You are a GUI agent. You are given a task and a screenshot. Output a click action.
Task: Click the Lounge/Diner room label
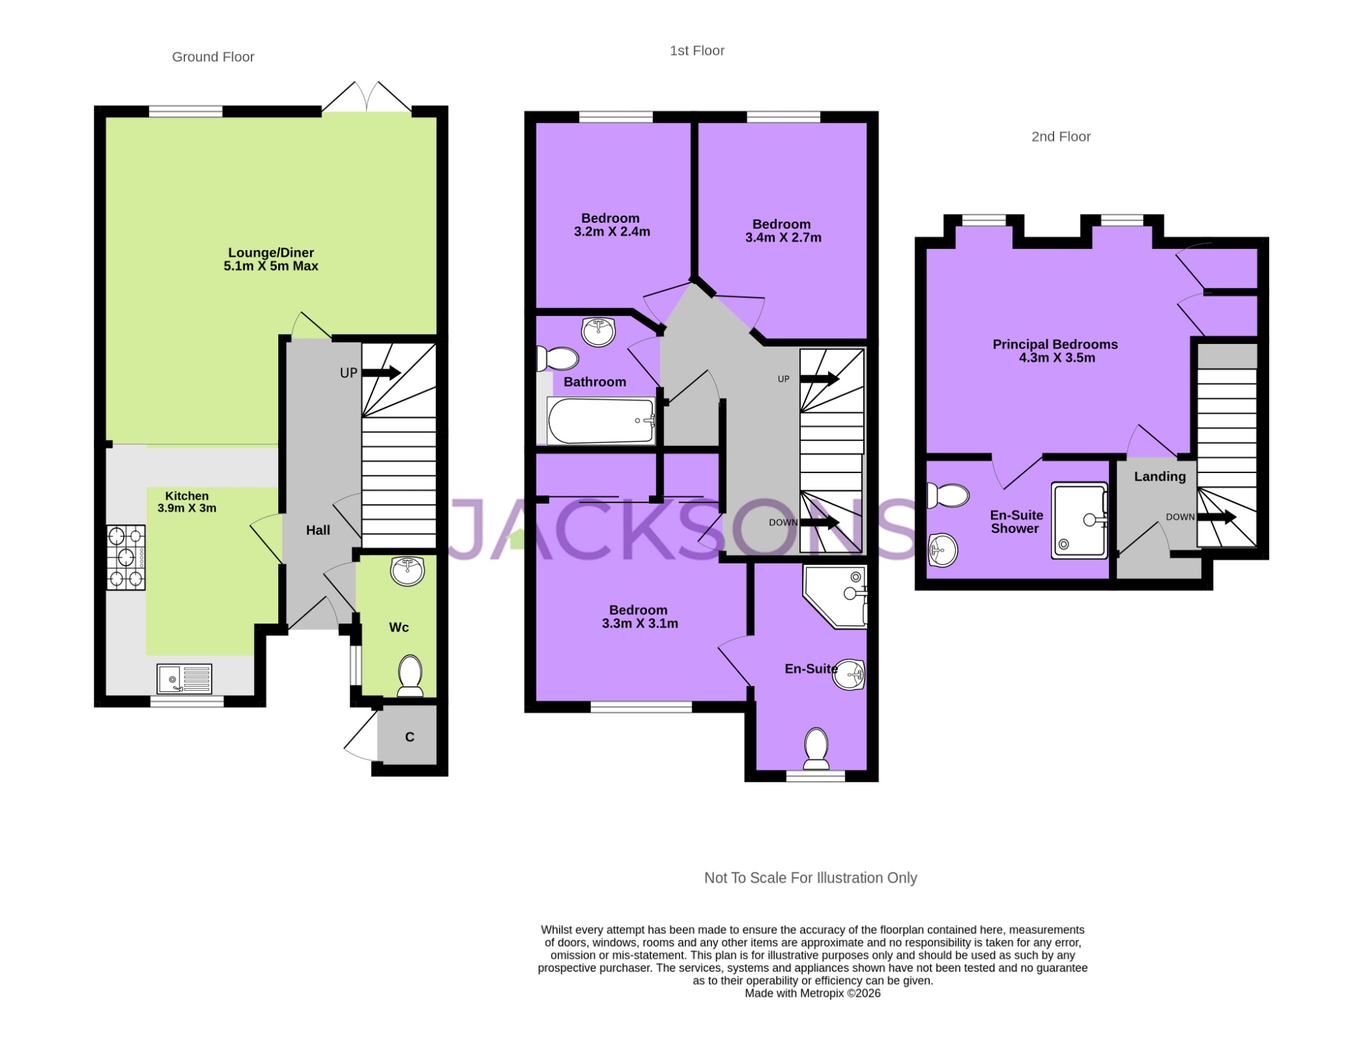pyautogui.click(x=271, y=253)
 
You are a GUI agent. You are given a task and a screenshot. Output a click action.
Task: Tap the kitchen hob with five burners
pyautogui.click(x=126, y=558)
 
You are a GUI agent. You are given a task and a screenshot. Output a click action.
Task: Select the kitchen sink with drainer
pyautogui.click(x=184, y=679)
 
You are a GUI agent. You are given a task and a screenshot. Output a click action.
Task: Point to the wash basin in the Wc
pyautogui.click(x=407, y=571)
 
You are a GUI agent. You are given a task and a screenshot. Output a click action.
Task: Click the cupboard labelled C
pyautogui.click(x=409, y=737)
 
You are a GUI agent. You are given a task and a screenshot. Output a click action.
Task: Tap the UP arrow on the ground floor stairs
pyautogui.click(x=381, y=373)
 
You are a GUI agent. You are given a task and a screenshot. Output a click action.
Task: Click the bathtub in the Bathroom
pyautogui.click(x=601, y=421)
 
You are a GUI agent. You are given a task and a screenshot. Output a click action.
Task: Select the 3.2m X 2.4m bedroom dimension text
pyautogui.click(x=612, y=232)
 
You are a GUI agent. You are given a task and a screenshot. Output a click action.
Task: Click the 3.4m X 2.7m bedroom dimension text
pyautogui.click(x=783, y=238)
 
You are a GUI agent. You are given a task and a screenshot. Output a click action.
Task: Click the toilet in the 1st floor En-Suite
pyautogui.click(x=816, y=749)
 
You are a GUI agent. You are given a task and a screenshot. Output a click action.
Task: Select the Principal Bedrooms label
pyautogui.click(x=1055, y=345)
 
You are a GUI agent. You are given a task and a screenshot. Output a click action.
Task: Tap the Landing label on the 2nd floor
pyautogui.click(x=1159, y=476)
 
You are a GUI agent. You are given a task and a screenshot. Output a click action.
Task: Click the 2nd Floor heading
pyautogui.click(x=1060, y=137)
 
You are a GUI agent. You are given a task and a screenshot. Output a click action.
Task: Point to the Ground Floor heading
pyautogui.click(x=213, y=57)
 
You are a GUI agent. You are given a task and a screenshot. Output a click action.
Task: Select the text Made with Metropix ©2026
pyautogui.click(x=812, y=993)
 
